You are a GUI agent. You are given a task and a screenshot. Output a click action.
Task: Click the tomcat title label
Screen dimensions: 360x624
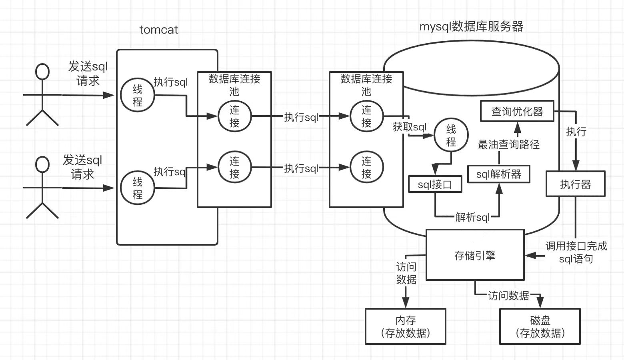(x=158, y=30)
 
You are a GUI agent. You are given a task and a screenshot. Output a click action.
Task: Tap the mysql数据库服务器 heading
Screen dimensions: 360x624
(x=471, y=26)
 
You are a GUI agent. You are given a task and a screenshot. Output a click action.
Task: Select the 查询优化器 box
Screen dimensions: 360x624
(x=517, y=111)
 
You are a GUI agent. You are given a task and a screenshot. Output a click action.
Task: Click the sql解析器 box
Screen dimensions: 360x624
(x=499, y=174)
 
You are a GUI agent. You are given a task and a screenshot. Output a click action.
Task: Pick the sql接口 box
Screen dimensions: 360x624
(x=435, y=184)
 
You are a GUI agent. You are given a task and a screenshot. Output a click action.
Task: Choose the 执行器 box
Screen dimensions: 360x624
(x=575, y=184)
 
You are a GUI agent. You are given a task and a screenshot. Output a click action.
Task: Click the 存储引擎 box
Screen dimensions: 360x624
(x=475, y=255)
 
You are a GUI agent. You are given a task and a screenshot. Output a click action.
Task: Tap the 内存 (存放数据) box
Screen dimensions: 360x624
(x=405, y=326)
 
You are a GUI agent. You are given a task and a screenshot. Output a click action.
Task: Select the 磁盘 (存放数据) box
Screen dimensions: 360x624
(x=540, y=326)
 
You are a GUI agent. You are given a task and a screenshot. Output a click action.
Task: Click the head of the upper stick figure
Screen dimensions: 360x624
(x=42, y=72)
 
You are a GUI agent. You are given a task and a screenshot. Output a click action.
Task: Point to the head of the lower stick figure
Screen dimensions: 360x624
(x=42, y=164)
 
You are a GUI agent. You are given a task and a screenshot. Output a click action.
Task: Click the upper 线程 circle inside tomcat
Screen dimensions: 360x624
(x=138, y=95)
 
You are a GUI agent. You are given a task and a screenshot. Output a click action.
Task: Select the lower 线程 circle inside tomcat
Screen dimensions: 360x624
(x=138, y=188)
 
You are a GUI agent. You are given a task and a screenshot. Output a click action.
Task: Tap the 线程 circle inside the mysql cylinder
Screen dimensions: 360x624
(x=451, y=135)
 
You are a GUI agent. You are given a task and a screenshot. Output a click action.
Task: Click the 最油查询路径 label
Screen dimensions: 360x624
(x=508, y=144)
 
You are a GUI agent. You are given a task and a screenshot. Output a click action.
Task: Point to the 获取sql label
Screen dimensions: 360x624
(x=409, y=127)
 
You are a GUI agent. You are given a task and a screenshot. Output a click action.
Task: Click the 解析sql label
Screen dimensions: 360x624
(x=472, y=217)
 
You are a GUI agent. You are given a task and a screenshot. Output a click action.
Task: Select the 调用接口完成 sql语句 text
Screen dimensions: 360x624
(x=576, y=252)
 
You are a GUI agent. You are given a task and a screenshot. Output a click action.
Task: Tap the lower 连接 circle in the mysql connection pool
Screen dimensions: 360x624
(x=366, y=167)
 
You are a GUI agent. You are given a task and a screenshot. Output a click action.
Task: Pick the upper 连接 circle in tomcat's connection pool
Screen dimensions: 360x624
(x=234, y=116)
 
